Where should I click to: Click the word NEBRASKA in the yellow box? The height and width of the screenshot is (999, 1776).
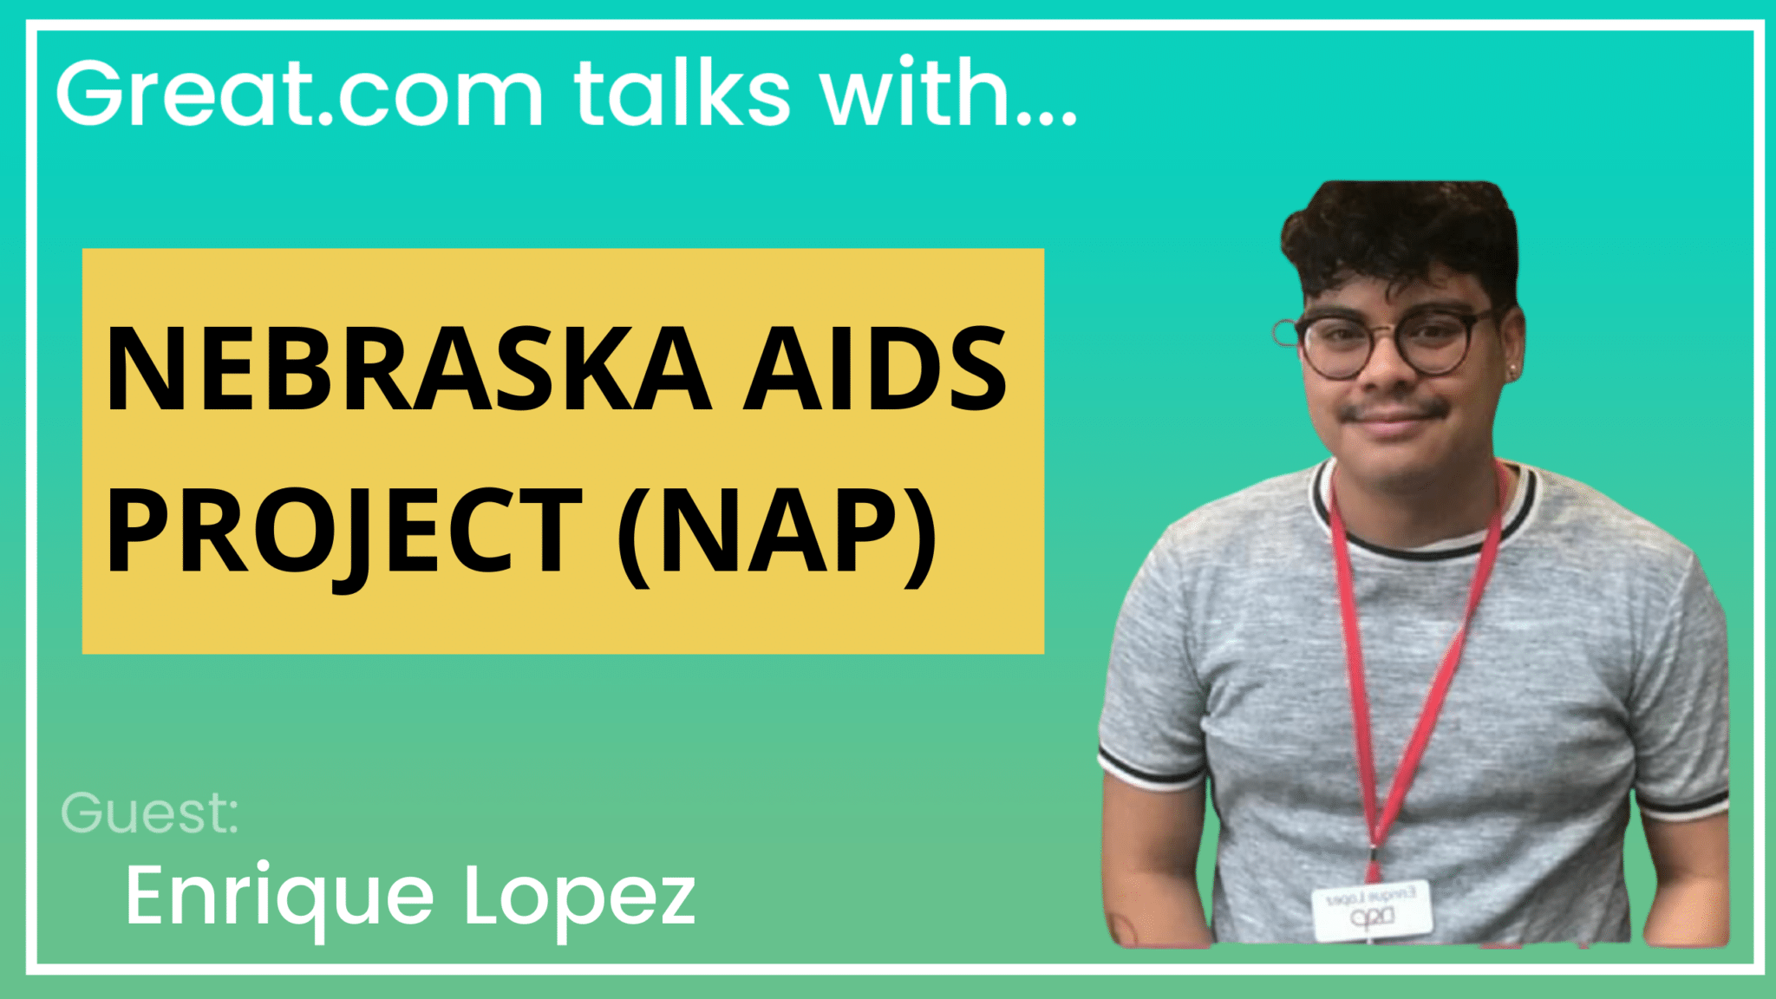point(408,369)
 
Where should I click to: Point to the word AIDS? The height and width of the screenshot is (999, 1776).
point(876,369)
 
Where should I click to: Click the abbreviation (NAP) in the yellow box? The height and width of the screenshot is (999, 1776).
point(777,531)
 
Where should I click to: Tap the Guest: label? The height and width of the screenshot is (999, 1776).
point(149,813)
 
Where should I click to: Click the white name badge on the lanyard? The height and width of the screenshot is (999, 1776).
point(1370,911)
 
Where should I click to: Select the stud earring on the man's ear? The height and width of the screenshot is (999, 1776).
point(1514,373)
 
